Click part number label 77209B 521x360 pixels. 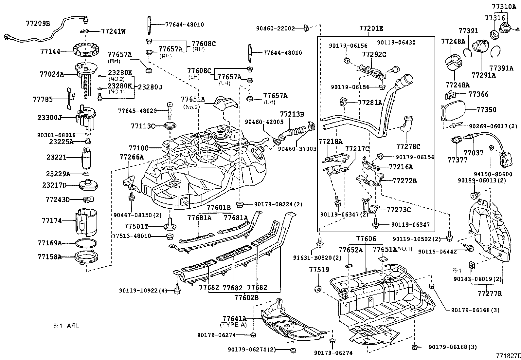tap(38, 23)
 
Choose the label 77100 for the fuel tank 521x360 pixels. tap(138, 148)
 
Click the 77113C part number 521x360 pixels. tap(143, 126)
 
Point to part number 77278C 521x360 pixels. tap(408, 146)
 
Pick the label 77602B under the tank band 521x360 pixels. tap(246, 297)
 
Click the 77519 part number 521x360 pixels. tap(319, 270)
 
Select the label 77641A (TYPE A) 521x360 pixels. tap(234, 318)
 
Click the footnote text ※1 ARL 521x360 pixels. tap(67, 326)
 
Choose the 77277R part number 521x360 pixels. tap(489, 293)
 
